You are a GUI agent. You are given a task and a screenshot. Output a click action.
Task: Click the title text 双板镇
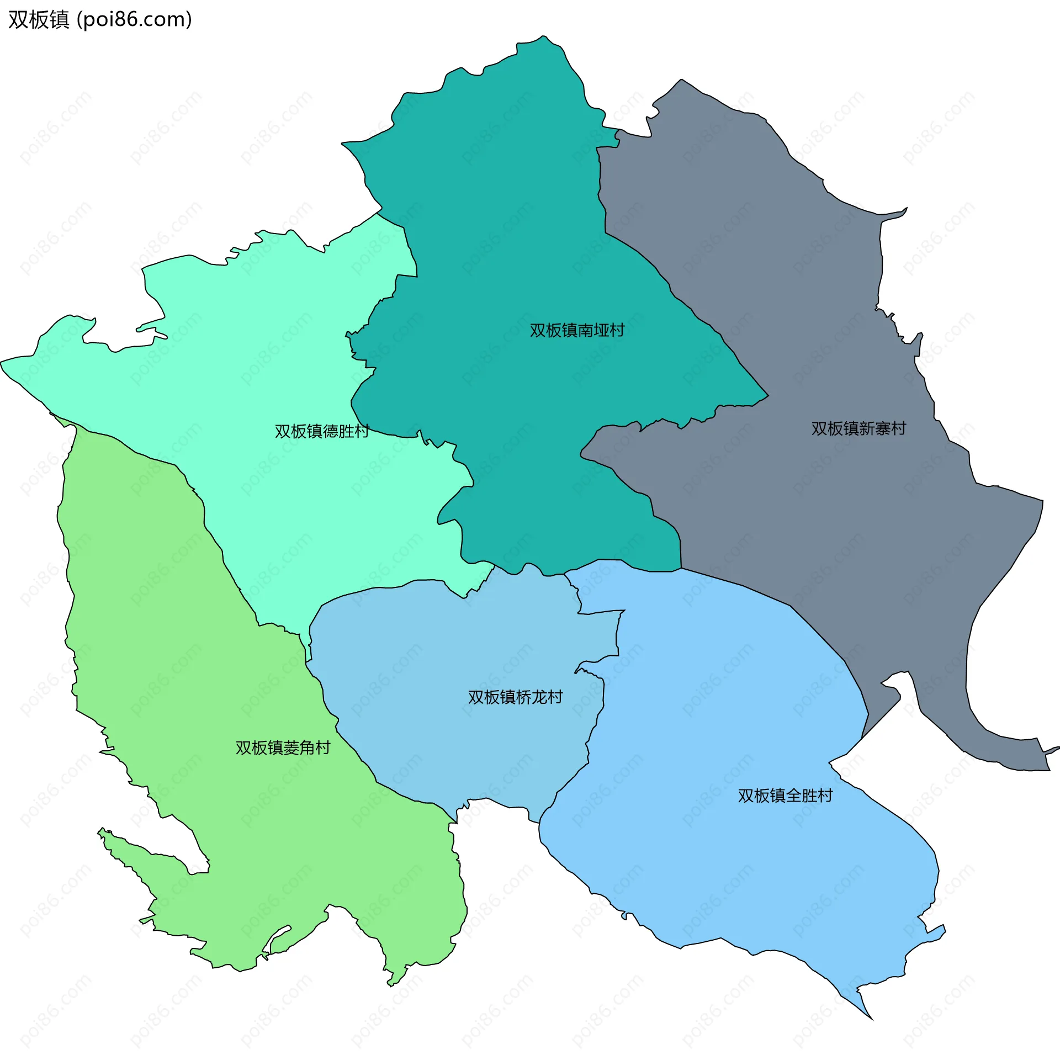click(x=39, y=20)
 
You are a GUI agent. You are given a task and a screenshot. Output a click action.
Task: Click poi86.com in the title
click(x=134, y=20)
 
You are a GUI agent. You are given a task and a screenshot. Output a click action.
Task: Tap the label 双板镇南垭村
click(x=577, y=330)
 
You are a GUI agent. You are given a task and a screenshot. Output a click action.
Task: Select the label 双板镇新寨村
click(x=858, y=428)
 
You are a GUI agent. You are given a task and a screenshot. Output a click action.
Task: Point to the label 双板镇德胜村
click(x=322, y=431)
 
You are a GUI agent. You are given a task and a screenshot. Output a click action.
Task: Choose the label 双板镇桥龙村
click(x=515, y=697)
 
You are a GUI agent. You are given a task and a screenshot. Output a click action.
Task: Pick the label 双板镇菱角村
click(x=283, y=747)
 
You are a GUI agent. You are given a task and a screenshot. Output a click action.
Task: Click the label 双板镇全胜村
click(x=785, y=796)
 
